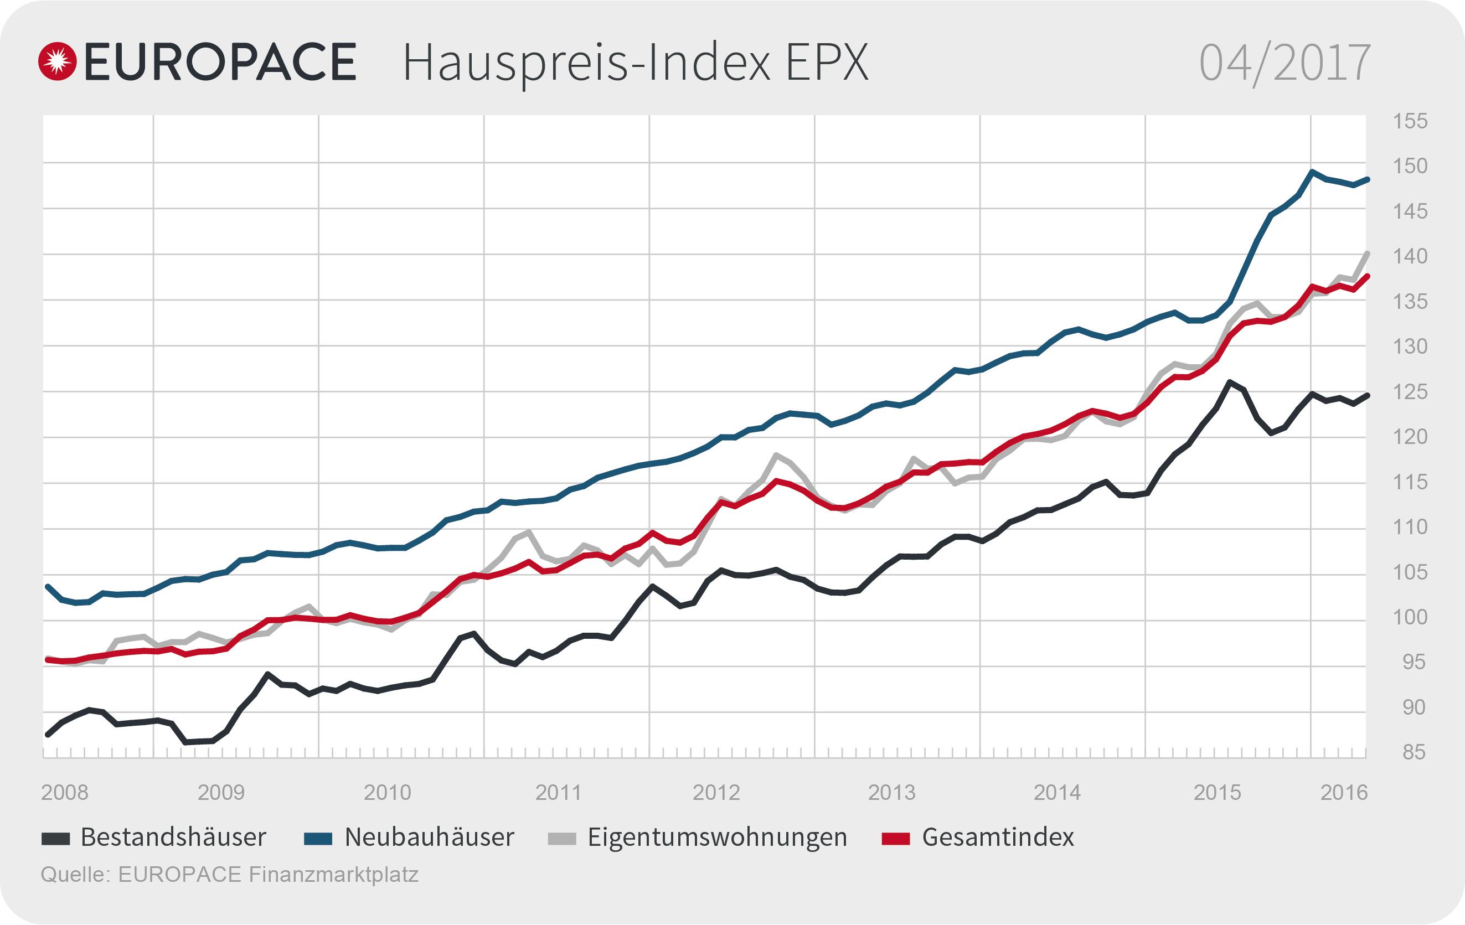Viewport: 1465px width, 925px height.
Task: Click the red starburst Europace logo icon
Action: point(57,61)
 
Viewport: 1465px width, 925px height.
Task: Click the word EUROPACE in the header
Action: point(220,62)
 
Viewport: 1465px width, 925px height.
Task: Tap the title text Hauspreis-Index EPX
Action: point(635,63)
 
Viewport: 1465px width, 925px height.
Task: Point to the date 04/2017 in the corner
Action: point(1285,63)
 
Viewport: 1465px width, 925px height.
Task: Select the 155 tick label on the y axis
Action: point(1410,122)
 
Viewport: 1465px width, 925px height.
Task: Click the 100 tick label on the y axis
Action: point(1410,617)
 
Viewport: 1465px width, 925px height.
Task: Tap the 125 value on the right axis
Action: point(1410,392)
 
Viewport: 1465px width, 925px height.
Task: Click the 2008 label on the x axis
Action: point(64,793)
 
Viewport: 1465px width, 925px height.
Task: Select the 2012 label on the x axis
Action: point(716,793)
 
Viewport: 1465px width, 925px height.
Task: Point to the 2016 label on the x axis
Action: point(1344,793)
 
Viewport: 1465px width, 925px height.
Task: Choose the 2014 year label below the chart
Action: point(1058,793)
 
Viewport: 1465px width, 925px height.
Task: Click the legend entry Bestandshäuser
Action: point(173,838)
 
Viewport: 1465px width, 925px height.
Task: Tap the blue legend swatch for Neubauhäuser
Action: point(318,839)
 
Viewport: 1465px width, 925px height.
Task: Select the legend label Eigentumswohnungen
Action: point(716,838)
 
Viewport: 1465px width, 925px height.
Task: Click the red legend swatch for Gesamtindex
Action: point(895,839)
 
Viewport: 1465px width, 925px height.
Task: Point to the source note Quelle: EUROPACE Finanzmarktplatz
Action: point(229,875)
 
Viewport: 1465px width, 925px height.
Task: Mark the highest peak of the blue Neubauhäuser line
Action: point(1312,172)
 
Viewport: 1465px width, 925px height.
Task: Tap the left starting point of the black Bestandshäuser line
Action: point(48,735)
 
